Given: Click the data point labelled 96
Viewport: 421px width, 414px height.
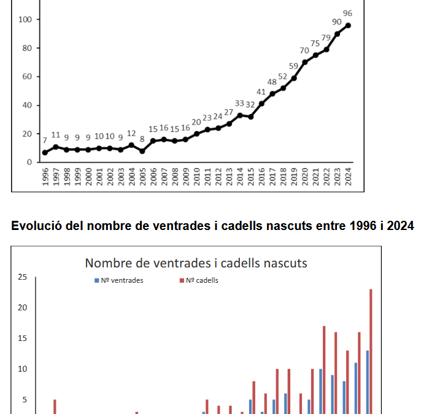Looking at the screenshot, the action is [x=348, y=26].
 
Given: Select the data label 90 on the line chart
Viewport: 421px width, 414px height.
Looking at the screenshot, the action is [x=337, y=21].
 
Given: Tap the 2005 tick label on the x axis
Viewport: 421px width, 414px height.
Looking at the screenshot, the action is [x=142, y=177].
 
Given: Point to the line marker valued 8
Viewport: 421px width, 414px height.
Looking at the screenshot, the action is [x=142, y=151].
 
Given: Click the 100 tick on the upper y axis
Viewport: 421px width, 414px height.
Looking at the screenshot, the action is [x=25, y=19].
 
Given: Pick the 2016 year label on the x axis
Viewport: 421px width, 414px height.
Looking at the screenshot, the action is [x=261, y=177].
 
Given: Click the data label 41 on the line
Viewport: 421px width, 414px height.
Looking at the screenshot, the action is [x=261, y=92].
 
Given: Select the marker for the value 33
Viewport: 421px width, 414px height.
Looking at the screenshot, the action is [x=240, y=115].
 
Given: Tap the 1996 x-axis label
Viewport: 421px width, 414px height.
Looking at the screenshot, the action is [x=45, y=177].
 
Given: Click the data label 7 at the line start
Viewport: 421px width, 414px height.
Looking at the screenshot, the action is [x=45, y=140].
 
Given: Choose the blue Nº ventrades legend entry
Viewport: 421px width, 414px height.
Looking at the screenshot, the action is [x=119, y=280].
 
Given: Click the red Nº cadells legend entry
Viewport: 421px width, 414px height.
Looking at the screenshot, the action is [x=199, y=280].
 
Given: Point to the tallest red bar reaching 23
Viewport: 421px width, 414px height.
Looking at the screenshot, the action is [x=371, y=351].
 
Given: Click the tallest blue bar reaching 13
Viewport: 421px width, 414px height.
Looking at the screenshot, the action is [x=368, y=382].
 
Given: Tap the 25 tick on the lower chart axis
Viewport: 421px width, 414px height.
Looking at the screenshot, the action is [x=23, y=277].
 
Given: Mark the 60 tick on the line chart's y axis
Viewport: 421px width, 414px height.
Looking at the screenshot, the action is [x=27, y=77].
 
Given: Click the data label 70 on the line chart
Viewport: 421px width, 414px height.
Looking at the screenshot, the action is [x=304, y=50].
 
